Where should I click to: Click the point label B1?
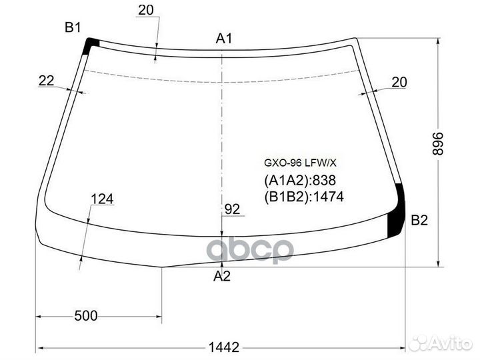pyautogui.click(x=73, y=27)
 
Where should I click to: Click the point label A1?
pyautogui.click(x=224, y=39)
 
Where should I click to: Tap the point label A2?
pyautogui.click(x=222, y=277)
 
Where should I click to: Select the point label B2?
pyautogui.click(x=419, y=221)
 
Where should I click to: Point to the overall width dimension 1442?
pyautogui.click(x=223, y=347)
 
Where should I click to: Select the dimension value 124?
pyautogui.click(x=102, y=199)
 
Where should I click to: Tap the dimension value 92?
pyautogui.click(x=232, y=209)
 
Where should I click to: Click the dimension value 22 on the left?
pyautogui.click(x=46, y=81)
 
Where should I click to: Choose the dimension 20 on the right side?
pyautogui.click(x=399, y=82)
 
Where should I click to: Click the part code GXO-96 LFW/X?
pyautogui.click(x=291, y=163)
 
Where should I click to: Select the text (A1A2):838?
pyautogui.click(x=300, y=181)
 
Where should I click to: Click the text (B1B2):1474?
pyautogui.click(x=303, y=197)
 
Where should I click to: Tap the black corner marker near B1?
pyautogui.click(x=91, y=45)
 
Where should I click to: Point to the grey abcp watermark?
pyautogui.click(x=249, y=250)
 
